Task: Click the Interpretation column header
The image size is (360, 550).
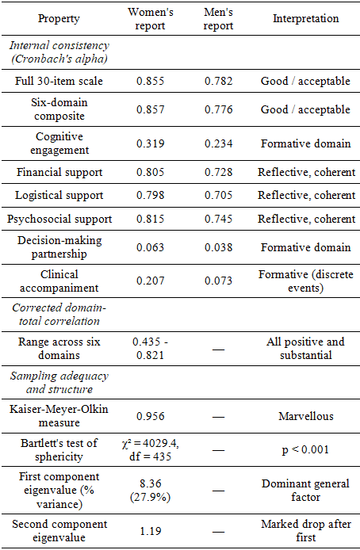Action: tap(305, 18)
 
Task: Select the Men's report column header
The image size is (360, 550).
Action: tap(218, 18)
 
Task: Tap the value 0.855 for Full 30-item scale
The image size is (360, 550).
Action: tap(150, 81)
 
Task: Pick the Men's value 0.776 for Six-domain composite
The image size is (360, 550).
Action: tap(218, 109)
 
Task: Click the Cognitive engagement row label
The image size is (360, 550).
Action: tap(59, 143)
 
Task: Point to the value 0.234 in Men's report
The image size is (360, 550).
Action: tap(218, 143)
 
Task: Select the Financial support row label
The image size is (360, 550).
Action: tap(59, 172)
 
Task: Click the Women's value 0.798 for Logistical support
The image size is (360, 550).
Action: tap(150, 195)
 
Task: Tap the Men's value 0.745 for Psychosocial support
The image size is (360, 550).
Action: tap(218, 219)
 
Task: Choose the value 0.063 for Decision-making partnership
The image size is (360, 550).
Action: tap(150, 247)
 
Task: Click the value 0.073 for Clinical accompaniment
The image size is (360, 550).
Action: tap(218, 281)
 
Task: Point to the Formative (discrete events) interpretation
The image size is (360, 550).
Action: tap(305, 281)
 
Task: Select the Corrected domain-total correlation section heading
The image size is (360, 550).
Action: tap(59, 315)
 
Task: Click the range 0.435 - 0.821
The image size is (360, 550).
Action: tap(150, 349)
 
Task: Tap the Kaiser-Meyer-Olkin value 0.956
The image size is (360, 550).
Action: tap(150, 416)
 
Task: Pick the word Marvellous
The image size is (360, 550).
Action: tap(305, 416)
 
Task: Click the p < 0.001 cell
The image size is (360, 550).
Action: tap(305, 449)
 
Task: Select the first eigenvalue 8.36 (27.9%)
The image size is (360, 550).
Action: tap(150, 491)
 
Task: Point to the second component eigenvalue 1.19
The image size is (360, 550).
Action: tap(150, 531)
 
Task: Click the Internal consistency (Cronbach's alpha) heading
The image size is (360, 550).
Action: tap(59, 52)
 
